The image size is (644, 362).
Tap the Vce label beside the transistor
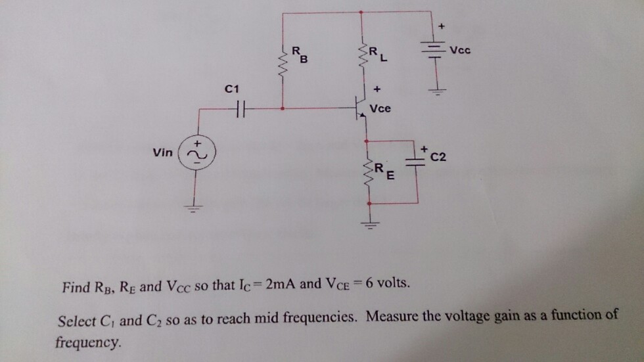coord(380,108)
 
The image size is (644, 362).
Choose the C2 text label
coord(438,157)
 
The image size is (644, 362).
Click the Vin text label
coord(162,152)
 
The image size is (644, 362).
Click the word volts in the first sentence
coord(394,285)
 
